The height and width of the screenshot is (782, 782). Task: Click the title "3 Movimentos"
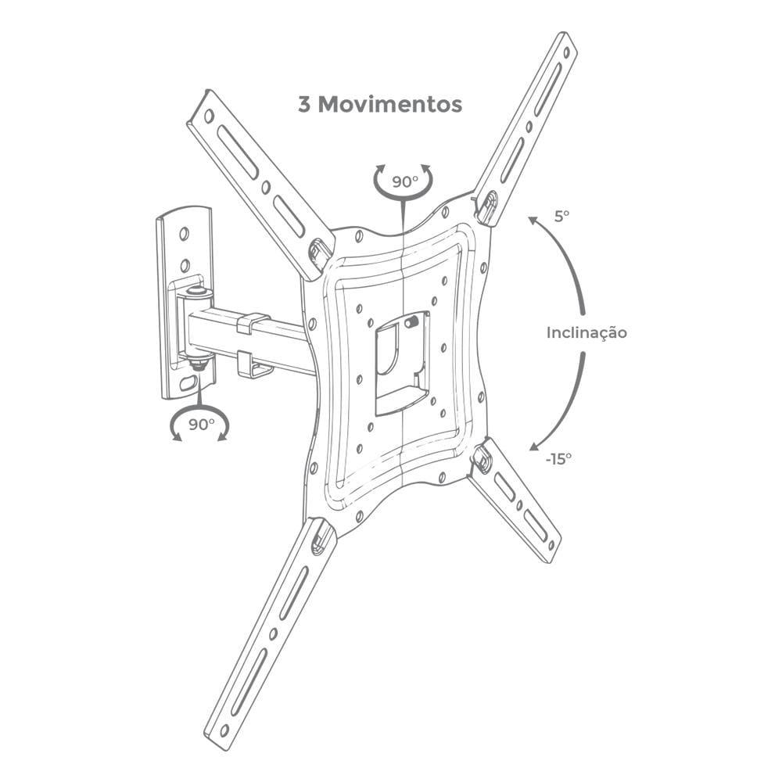[380, 104]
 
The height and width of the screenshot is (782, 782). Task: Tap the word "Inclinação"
[586, 332]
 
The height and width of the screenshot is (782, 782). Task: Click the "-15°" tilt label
[558, 457]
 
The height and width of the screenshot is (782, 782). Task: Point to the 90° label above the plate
[404, 181]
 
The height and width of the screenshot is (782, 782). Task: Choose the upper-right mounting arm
[528, 125]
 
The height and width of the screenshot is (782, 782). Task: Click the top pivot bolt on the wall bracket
[197, 292]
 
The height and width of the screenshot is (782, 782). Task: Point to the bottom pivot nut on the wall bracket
[198, 362]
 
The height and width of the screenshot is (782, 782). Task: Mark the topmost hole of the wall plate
[185, 233]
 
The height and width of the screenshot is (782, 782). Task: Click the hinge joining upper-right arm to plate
[486, 207]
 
